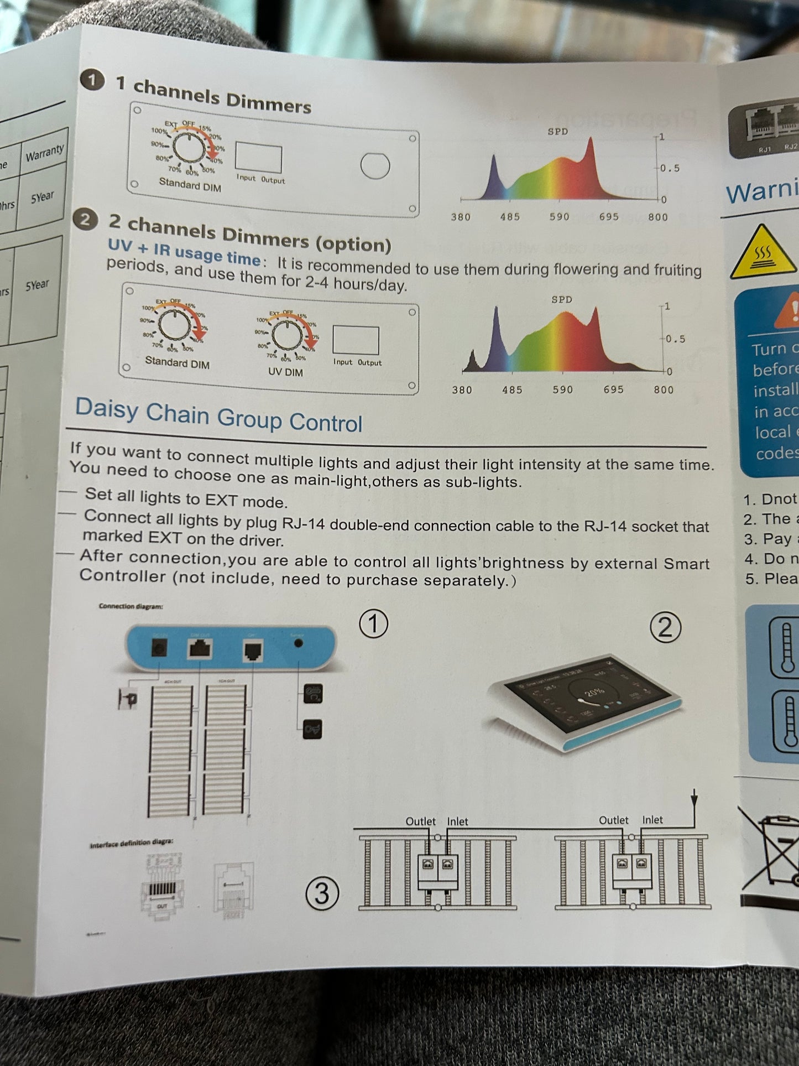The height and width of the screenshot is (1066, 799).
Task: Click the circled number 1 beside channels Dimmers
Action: coord(92,81)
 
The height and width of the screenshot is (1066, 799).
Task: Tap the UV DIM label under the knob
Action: coord(285,372)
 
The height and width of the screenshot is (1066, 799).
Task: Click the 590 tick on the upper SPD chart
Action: coord(559,217)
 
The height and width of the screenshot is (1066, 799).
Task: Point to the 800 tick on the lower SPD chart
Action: coord(664,390)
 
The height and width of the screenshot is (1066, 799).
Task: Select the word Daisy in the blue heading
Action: coord(107,409)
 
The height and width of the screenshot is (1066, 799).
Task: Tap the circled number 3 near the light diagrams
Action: coord(321,894)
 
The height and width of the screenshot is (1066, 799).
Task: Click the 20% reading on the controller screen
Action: coord(594,692)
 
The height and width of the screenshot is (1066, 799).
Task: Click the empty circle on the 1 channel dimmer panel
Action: coord(375,165)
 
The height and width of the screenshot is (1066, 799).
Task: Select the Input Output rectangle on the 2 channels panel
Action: coord(356,340)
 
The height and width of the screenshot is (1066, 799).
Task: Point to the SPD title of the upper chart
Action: coord(557,132)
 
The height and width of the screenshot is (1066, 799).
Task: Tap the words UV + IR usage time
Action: coord(184,252)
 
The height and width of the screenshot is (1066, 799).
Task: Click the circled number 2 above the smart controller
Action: coord(665,628)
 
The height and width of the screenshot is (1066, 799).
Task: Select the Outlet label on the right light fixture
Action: coord(613,820)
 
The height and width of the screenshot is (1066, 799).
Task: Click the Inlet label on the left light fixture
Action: coord(457,821)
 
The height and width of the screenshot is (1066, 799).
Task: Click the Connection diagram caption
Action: coord(130,606)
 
